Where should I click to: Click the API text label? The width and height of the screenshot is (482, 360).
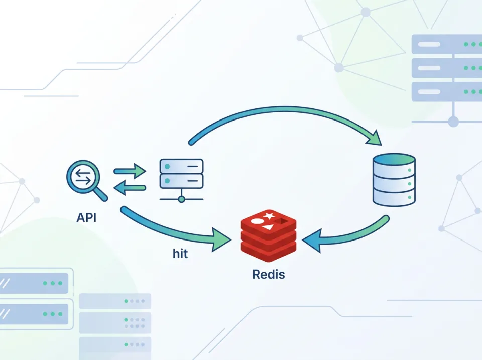coord(86,218)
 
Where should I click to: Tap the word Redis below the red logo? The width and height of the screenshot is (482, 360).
coord(268,275)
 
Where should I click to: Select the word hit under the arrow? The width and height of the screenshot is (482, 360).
coord(180,254)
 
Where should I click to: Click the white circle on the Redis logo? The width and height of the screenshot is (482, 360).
coord(257,220)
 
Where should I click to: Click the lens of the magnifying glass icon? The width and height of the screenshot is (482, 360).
coord(82,177)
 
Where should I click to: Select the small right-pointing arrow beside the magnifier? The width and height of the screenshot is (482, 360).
coord(130,171)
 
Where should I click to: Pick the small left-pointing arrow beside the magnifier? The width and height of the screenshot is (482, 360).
coord(130,188)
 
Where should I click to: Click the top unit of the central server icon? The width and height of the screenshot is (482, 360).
coord(181,166)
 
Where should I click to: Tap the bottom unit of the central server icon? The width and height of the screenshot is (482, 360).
coord(181,181)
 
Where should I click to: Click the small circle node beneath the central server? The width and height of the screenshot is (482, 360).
coord(181,199)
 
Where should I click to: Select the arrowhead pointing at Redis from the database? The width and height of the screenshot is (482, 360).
coord(311,241)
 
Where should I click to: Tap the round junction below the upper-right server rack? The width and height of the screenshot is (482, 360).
coord(453,122)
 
